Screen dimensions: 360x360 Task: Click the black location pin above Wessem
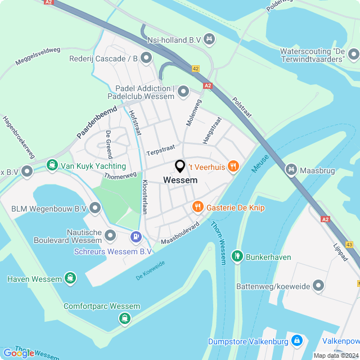180,166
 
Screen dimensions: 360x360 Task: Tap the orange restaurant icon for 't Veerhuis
234,166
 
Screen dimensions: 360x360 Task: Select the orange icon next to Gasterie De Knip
197,207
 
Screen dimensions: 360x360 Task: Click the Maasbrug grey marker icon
291,168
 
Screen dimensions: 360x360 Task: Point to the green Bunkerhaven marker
238,257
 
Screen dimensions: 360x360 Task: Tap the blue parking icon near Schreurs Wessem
135,237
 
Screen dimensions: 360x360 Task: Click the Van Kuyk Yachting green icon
52,166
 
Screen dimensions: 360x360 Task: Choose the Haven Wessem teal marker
70,278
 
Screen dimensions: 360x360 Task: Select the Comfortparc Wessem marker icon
124,318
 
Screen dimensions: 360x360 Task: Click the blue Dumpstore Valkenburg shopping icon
296,341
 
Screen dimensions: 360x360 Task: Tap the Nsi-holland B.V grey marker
209,39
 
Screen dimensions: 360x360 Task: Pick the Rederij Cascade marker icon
147,57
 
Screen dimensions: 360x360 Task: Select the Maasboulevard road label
180,233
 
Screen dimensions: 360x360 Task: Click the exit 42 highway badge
195,69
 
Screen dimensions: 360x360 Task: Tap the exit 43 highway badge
350,245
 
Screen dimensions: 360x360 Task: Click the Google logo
19,353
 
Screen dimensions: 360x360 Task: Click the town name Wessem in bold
180,181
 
